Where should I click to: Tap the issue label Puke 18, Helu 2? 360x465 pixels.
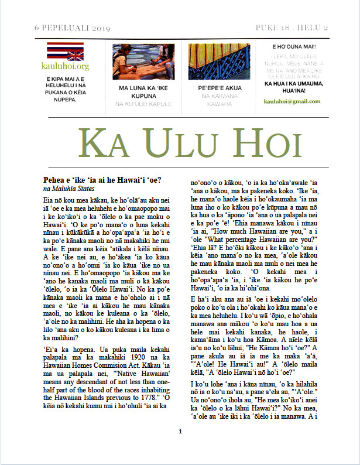coord(292,28)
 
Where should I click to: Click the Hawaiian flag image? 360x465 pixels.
coord(66,52)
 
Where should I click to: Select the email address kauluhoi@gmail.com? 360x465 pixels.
coord(293,101)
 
